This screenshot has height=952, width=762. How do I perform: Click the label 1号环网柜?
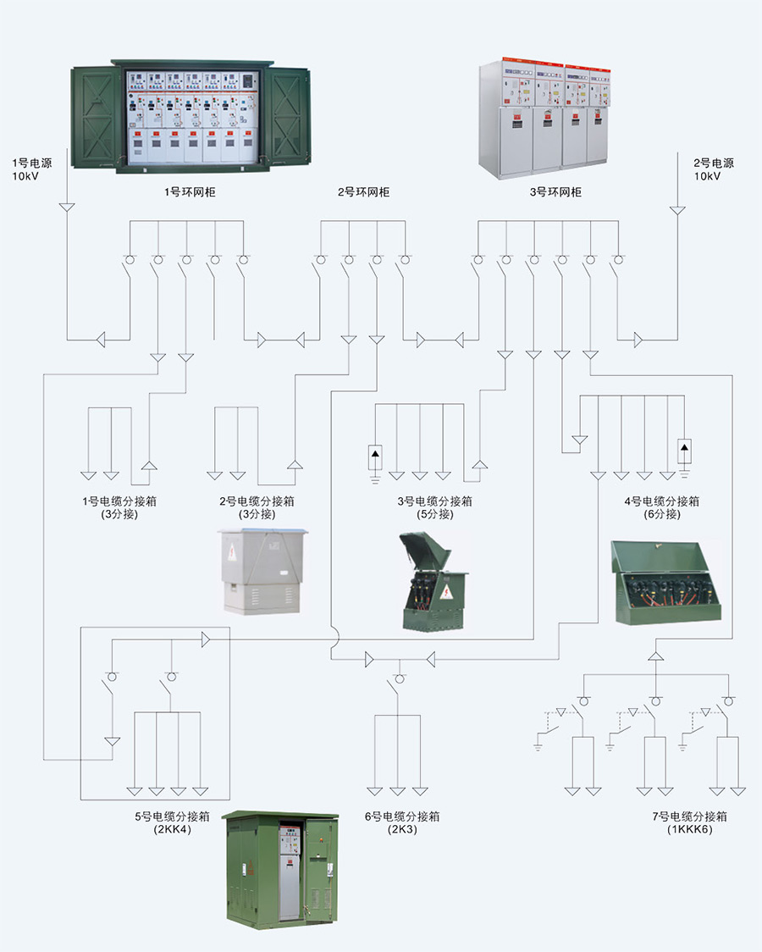coord(190,192)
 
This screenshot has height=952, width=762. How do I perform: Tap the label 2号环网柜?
coord(364,192)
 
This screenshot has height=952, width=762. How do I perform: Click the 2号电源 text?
coord(714,163)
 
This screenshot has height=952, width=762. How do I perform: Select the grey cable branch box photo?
coord(262,571)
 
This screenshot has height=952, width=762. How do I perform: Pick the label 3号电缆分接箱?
coord(435,501)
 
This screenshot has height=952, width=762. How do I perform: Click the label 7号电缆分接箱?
coord(690,816)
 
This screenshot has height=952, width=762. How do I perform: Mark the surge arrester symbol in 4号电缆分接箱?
coord(685,450)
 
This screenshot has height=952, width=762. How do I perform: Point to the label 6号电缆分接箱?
coord(402,816)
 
